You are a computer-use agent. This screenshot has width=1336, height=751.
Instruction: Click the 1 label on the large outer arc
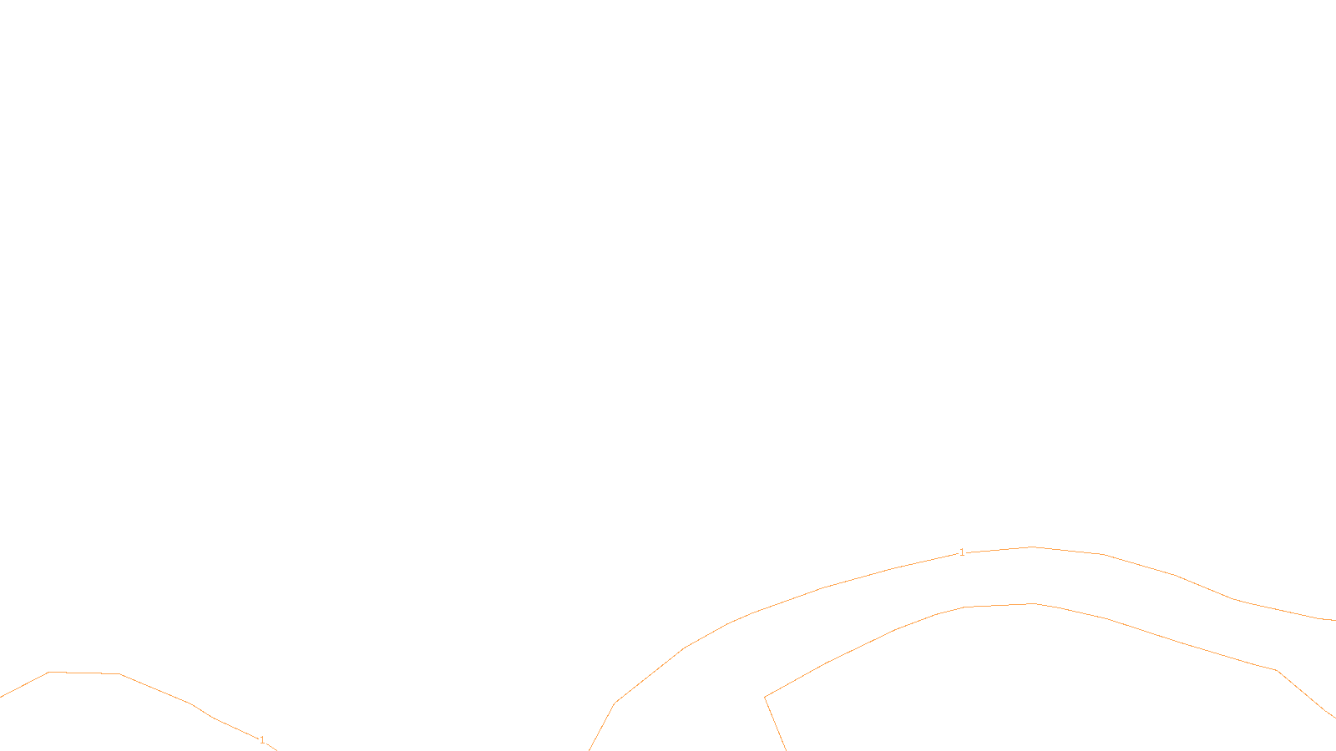pyautogui.click(x=962, y=552)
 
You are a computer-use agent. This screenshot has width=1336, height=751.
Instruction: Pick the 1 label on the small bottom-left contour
pyautogui.click(x=262, y=740)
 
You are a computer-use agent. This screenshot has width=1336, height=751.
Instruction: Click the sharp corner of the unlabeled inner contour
pyautogui.click(x=765, y=697)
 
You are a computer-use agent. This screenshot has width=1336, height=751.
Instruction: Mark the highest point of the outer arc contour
pyautogui.click(x=1033, y=547)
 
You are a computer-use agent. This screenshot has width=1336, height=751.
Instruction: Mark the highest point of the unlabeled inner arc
pyautogui.click(x=1035, y=603)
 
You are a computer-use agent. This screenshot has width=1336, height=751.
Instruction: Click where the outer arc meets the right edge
pyautogui.click(x=1334, y=620)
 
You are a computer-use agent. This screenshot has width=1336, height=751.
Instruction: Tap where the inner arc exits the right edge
pyautogui.click(x=1334, y=717)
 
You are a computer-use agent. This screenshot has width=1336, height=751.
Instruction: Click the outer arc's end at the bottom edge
pyautogui.click(x=590, y=749)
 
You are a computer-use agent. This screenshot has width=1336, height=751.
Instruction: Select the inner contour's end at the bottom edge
pyautogui.click(x=786, y=749)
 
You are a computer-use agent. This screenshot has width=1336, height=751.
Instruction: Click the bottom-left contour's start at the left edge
pyautogui.click(x=1, y=697)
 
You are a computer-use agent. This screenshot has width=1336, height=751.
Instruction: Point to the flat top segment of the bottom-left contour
pyautogui.click(x=83, y=673)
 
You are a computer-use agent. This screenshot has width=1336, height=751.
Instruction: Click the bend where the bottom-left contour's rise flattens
pyautogui.click(x=48, y=672)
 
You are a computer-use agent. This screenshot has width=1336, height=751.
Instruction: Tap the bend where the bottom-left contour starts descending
pyautogui.click(x=120, y=673)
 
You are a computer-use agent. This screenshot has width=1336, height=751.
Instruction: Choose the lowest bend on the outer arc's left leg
pyautogui.click(x=615, y=703)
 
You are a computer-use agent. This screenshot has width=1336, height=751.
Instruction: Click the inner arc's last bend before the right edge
pyautogui.click(x=1277, y=670)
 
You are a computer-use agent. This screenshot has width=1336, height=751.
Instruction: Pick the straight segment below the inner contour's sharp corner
pyautogui.click(x=775, y=723)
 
